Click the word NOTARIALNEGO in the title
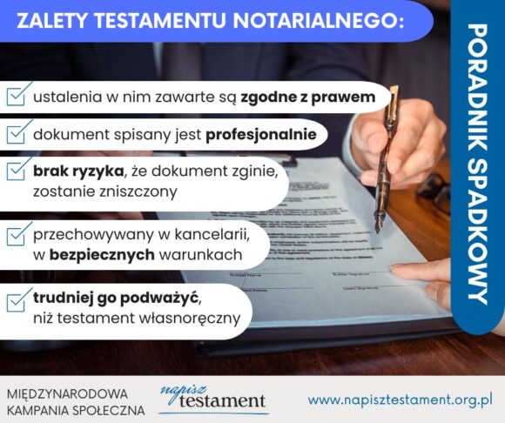point(319,21)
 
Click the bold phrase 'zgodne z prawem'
point(308,97)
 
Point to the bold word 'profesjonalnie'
point(261,135)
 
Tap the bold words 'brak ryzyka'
point(78,172)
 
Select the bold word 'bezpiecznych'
point(102,255)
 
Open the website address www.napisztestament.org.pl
point(400,400)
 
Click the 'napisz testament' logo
point(213,399)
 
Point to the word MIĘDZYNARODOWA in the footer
point(67,394)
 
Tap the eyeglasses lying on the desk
point(434,192)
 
